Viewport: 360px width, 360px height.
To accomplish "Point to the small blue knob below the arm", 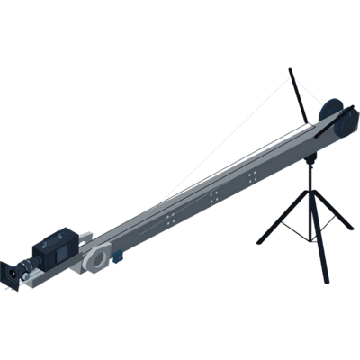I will [118, 256].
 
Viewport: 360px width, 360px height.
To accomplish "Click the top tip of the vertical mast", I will [290, 67].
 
